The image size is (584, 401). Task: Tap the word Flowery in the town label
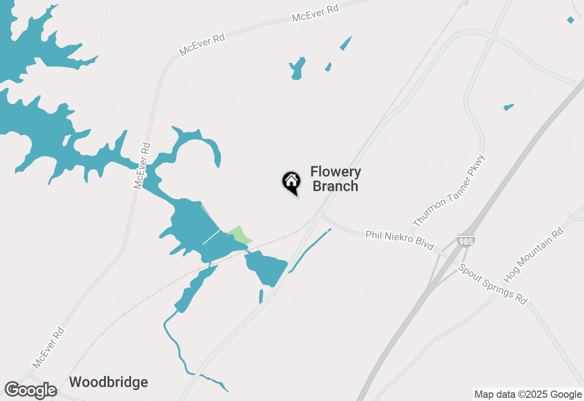point(335,172)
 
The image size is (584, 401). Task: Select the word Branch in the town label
point(335,186)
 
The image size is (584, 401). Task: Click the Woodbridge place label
point(109,382)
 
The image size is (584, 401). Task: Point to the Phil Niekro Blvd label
point(399,240)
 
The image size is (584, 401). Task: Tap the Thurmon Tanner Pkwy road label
point(449,191)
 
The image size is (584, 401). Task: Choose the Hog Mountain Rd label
point(533,255)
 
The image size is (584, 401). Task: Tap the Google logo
point(31,390)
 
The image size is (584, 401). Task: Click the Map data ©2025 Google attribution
point(528,394)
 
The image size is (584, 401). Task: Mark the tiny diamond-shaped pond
point(570,20)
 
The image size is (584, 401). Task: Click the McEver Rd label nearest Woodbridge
point(48,347)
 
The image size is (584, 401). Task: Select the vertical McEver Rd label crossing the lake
point(142,165)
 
